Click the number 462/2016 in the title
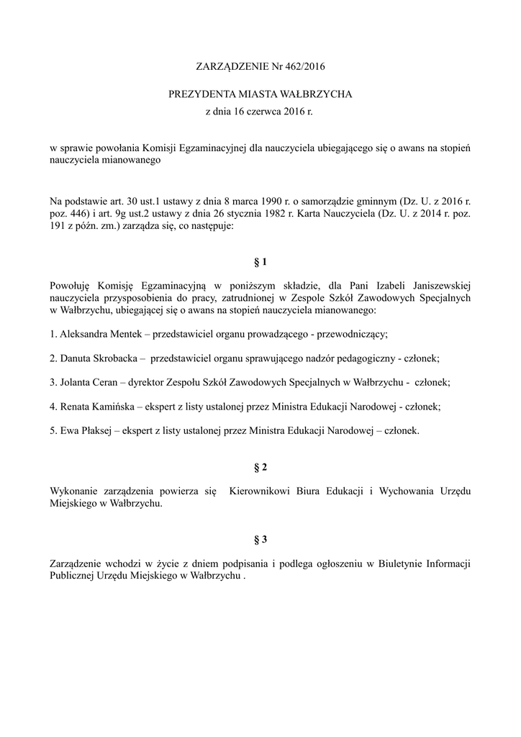(x=305, y=67)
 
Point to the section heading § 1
(x=260, y=261)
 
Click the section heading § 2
(x=260, y=467)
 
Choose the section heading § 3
(x=260, y=538)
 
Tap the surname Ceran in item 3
(x=111, y=381)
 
